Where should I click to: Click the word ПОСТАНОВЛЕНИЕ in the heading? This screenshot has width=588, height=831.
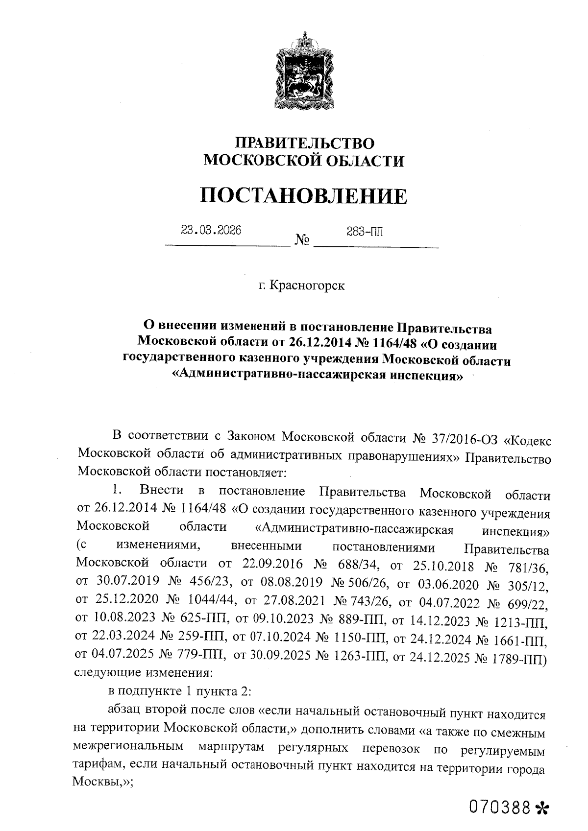tap(304, 195)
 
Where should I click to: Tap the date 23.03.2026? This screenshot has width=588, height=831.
tap(211, 230)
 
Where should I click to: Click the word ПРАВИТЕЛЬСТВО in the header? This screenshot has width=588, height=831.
tap(304, 143)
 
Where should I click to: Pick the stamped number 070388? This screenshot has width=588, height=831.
tap(499, 806)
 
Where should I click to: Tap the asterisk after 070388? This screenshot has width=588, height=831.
tap(541, 807)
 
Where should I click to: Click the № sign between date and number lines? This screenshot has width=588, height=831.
tap(302, 240)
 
